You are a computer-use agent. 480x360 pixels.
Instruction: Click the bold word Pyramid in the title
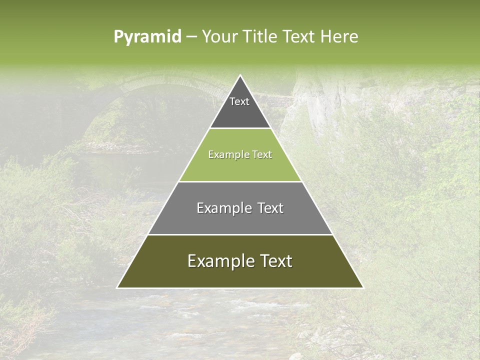click(147, 37)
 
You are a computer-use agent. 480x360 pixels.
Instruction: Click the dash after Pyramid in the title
click(191, 37)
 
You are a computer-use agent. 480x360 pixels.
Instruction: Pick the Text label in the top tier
click(239, 101)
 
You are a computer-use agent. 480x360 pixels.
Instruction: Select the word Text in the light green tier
click(262, 154)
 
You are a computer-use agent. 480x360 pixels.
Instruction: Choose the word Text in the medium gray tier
click(270, 208)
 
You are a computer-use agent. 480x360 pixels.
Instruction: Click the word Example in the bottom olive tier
click(217, 261)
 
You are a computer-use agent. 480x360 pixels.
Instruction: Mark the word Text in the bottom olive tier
click(275, 261)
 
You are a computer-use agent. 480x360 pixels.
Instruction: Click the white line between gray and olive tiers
click(240, 234)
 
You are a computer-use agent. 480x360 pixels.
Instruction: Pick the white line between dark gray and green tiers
click(240, 128)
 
